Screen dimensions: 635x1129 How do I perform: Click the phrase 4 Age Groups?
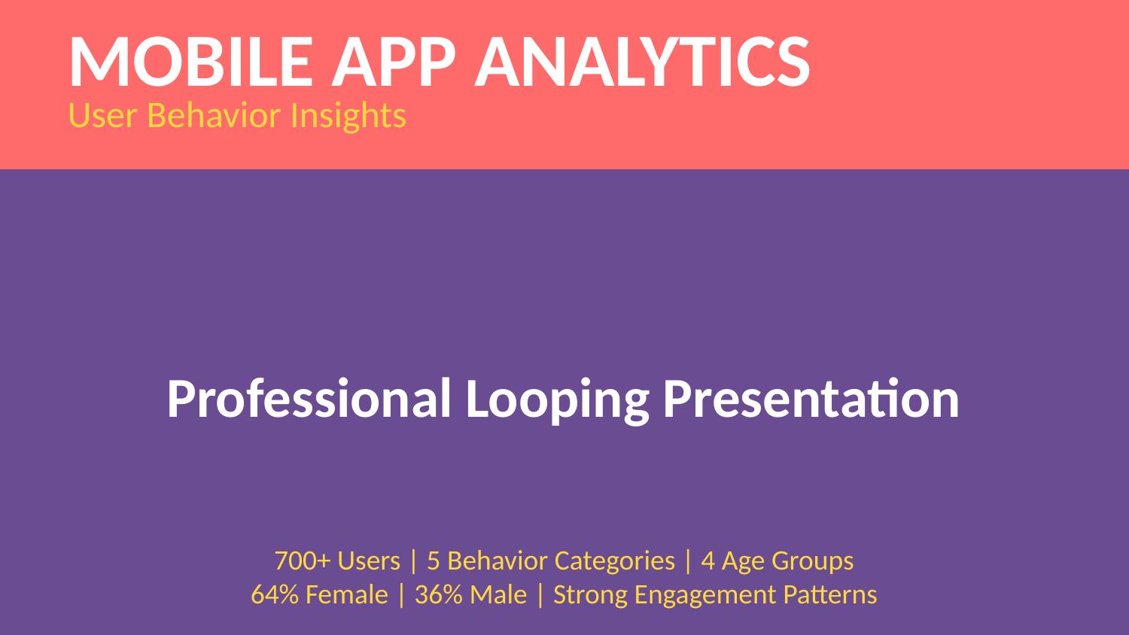[x=777, y=561]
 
